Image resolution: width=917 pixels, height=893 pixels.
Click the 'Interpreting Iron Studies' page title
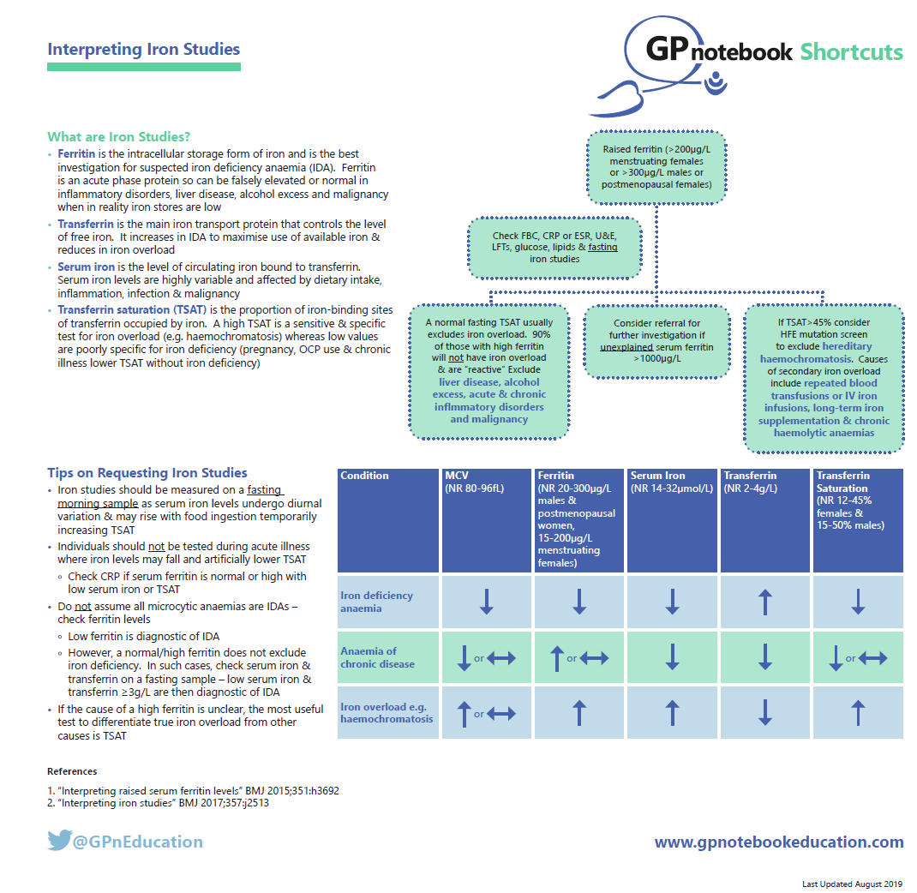point(143,49)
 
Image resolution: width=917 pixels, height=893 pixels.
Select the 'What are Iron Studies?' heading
point(118,137)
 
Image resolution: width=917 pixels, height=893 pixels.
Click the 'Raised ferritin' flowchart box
point(656,166)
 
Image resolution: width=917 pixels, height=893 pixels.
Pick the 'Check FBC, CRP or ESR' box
point(554,247)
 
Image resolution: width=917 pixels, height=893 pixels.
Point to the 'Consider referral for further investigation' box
point(656,340)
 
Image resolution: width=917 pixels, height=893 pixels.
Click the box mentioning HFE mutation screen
point(823,377)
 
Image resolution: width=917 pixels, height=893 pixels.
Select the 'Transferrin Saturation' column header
point(857,519)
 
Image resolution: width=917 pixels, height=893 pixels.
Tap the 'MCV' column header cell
point(486,519)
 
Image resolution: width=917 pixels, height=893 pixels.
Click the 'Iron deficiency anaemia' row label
point(377,602)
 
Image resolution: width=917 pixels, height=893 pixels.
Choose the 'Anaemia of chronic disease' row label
point(377,657)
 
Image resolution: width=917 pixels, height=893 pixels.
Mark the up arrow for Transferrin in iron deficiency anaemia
point(765,602)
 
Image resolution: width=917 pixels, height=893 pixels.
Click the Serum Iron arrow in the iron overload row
point(672,713)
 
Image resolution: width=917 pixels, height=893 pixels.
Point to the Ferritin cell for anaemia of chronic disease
point(579,657)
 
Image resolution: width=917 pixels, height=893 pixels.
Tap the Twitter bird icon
point(58,841)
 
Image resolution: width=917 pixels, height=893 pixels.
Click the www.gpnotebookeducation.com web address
point(778,842)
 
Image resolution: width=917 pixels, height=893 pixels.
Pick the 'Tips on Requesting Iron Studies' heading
point(147,472)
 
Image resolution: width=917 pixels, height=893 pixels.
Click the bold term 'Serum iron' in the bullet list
point(86,267)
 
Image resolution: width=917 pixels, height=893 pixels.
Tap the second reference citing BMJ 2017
point(159,803)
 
